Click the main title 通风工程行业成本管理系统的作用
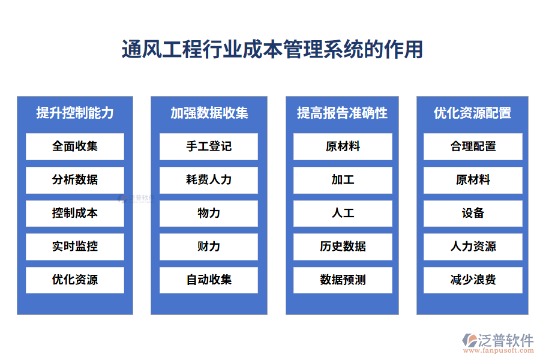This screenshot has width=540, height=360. click(x=272, y=49)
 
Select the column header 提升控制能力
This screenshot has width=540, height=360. click(x=75, y=112)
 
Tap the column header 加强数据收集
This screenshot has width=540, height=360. click(x=209, y=112)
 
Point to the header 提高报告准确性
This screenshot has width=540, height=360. click(x=343, y=112)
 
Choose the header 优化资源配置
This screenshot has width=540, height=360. click(x=473, y=112)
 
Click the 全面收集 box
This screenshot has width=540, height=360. click(x=75, y=146)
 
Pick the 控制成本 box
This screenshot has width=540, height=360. click(x=75, y=213)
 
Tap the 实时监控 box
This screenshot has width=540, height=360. click(x=75, y=247)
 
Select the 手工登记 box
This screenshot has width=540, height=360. click(x=209, y=146)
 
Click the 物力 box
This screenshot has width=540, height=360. click(x=209, y=213)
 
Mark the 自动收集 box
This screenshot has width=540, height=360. click(x=209, y=280)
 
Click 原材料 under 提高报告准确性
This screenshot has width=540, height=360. click(x=343, y=146)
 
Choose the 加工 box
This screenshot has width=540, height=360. click(x=343, y=180)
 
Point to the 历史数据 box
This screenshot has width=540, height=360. click(x=343, y=247)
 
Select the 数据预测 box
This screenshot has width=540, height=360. click(x=343, y=280)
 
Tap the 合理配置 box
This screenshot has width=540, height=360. click(x=473, y=146)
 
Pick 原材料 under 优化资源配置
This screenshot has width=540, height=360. click(x=473, y=180)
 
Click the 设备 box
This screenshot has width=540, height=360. click(x=473, y=213)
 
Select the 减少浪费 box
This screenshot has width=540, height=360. click(x=473, y=280)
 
